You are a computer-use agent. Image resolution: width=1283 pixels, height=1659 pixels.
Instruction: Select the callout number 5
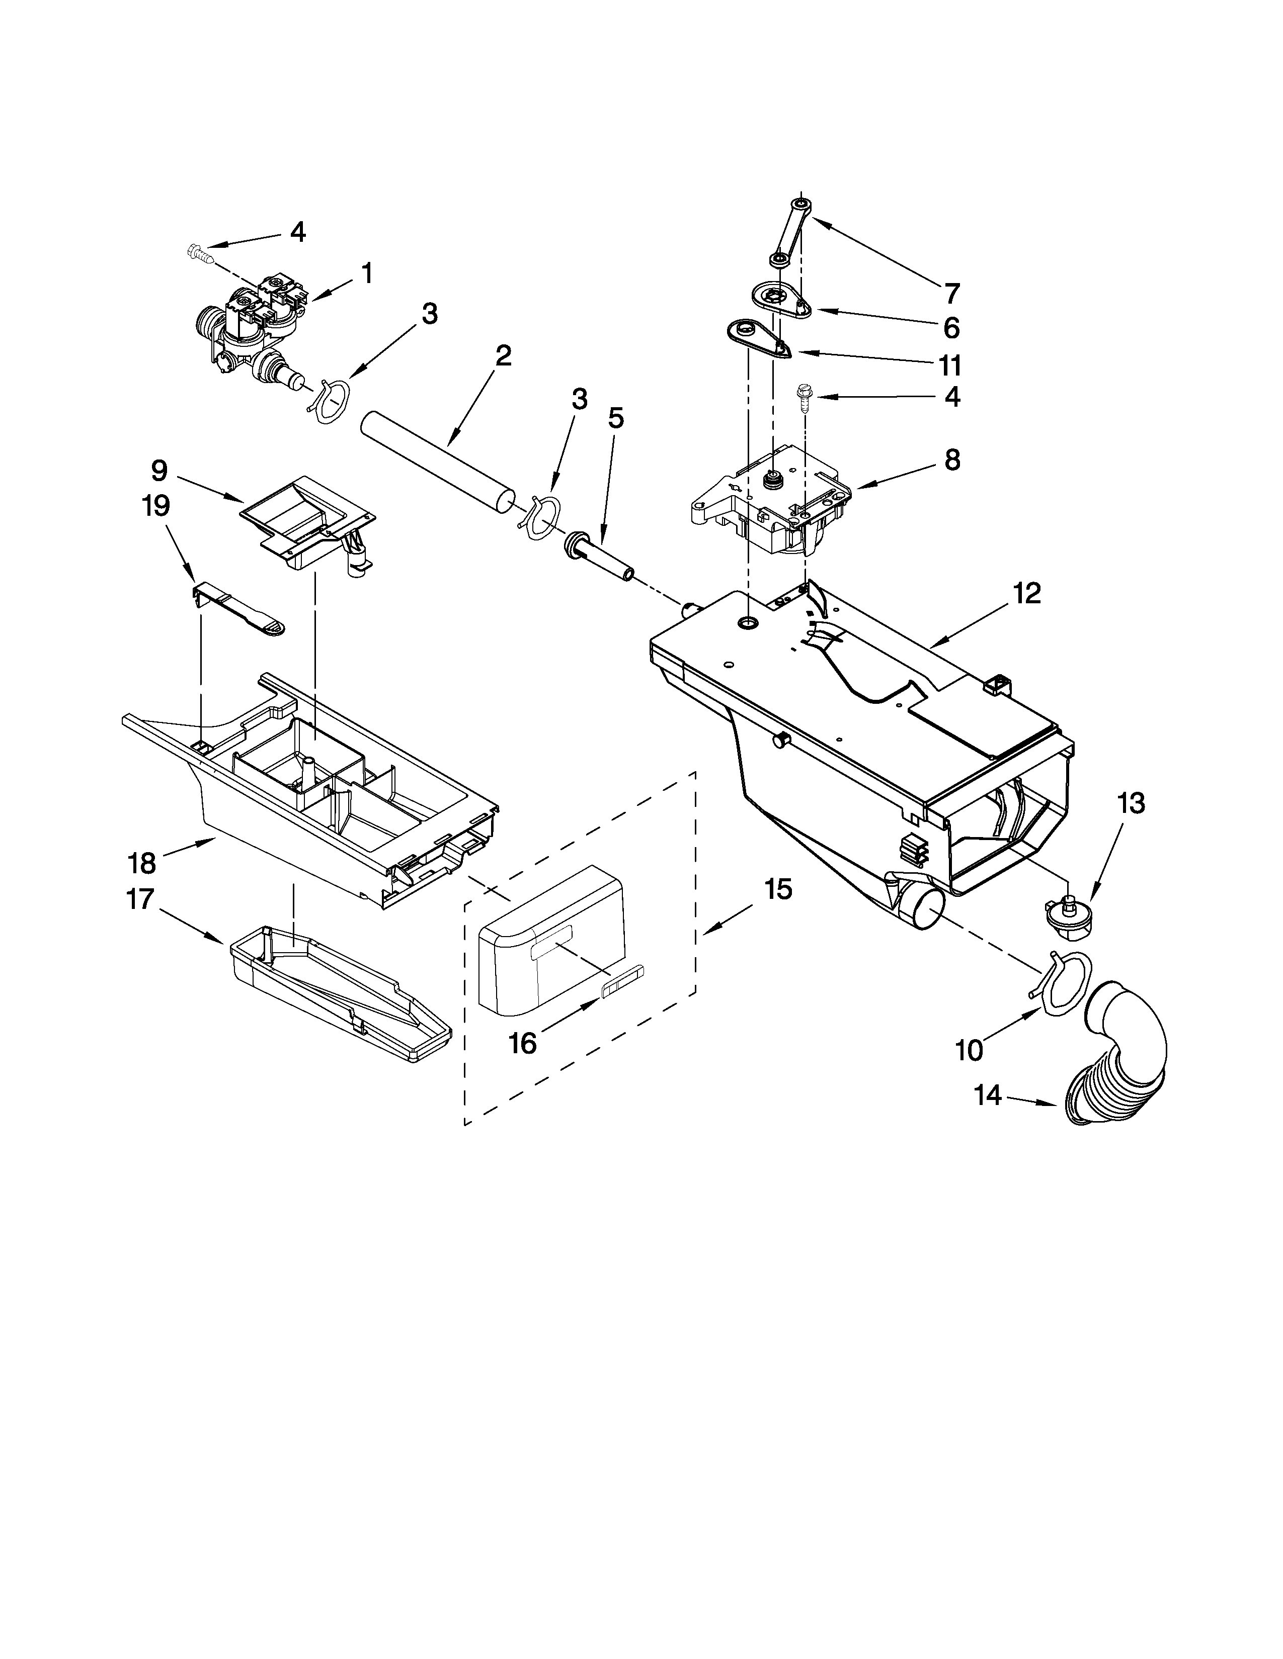pyautogui.click(x=616, y=418)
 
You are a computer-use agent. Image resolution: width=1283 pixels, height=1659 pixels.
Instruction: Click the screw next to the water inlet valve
pyautogui.click(x=198, y=252)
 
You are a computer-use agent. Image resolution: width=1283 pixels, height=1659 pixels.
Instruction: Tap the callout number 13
pyautogui.click(x=1131, y=803)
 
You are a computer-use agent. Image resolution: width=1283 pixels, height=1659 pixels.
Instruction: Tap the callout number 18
pyautogui.click(x=142, y=863)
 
